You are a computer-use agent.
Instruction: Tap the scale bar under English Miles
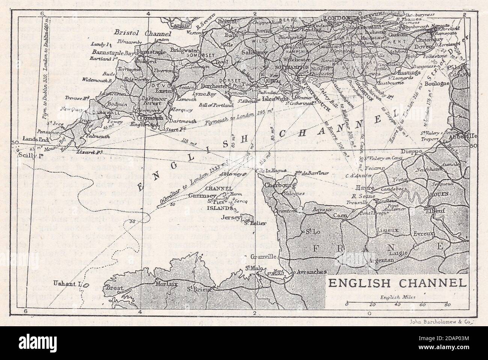coord(396,302)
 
